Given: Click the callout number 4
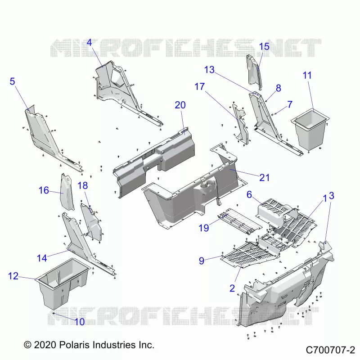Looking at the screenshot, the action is (89, 42).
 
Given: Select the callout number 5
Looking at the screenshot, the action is (13, 81).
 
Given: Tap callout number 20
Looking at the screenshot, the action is (180, 105).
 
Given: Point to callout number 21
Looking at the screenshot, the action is (264, 177).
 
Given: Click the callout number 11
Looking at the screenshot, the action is (307, 75).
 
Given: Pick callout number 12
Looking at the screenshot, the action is (13, 276).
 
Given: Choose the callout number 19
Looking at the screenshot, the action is (204, 228).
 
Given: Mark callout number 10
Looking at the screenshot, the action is (80, 322).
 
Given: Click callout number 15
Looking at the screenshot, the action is (264, 46).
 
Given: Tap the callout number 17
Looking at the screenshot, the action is (199, 86).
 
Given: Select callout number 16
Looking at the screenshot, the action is (44, 190).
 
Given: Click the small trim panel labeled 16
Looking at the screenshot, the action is (67, 192).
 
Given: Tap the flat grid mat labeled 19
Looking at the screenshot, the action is (239, 221).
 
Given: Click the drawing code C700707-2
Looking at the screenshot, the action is (330, 350).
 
